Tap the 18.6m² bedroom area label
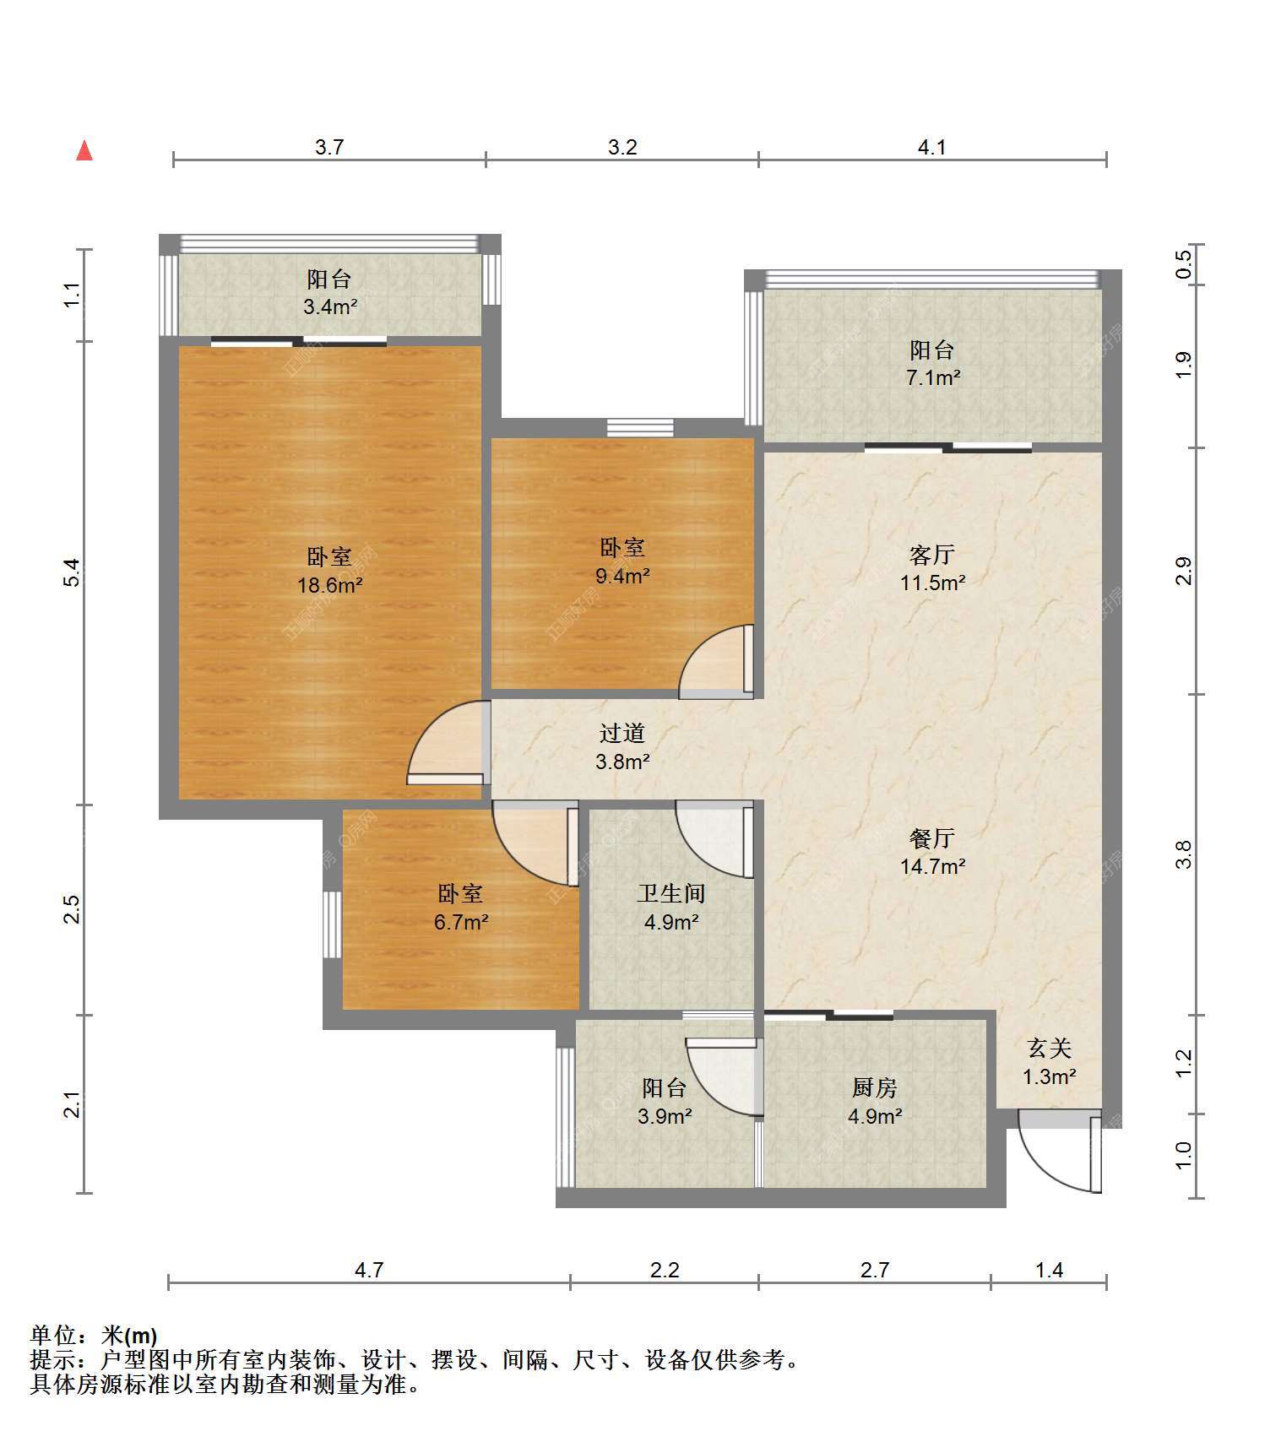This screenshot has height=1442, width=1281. point(329,571)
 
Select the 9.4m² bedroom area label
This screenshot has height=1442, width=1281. point(622,561)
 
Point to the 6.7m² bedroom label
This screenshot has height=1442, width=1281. point(461,908)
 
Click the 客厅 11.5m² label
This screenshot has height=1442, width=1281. point(932,568)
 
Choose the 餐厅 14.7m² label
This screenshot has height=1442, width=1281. point(932,852)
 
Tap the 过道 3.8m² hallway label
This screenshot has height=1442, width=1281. point(622,747)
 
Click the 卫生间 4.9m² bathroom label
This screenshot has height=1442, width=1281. point(671,908)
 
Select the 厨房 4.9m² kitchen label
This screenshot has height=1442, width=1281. point(875,1102)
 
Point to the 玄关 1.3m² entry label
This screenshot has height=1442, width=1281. point(1050,1062)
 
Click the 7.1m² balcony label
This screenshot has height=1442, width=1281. point(932,363)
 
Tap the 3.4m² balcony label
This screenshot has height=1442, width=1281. point(329,292)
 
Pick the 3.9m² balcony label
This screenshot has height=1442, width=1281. point(665,1102)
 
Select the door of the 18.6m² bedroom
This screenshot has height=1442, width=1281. point(448,743)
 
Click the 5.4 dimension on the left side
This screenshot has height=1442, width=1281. point(73,572)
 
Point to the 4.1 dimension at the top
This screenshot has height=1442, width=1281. point(931,147)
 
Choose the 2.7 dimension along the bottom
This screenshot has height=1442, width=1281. point(874,1269)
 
